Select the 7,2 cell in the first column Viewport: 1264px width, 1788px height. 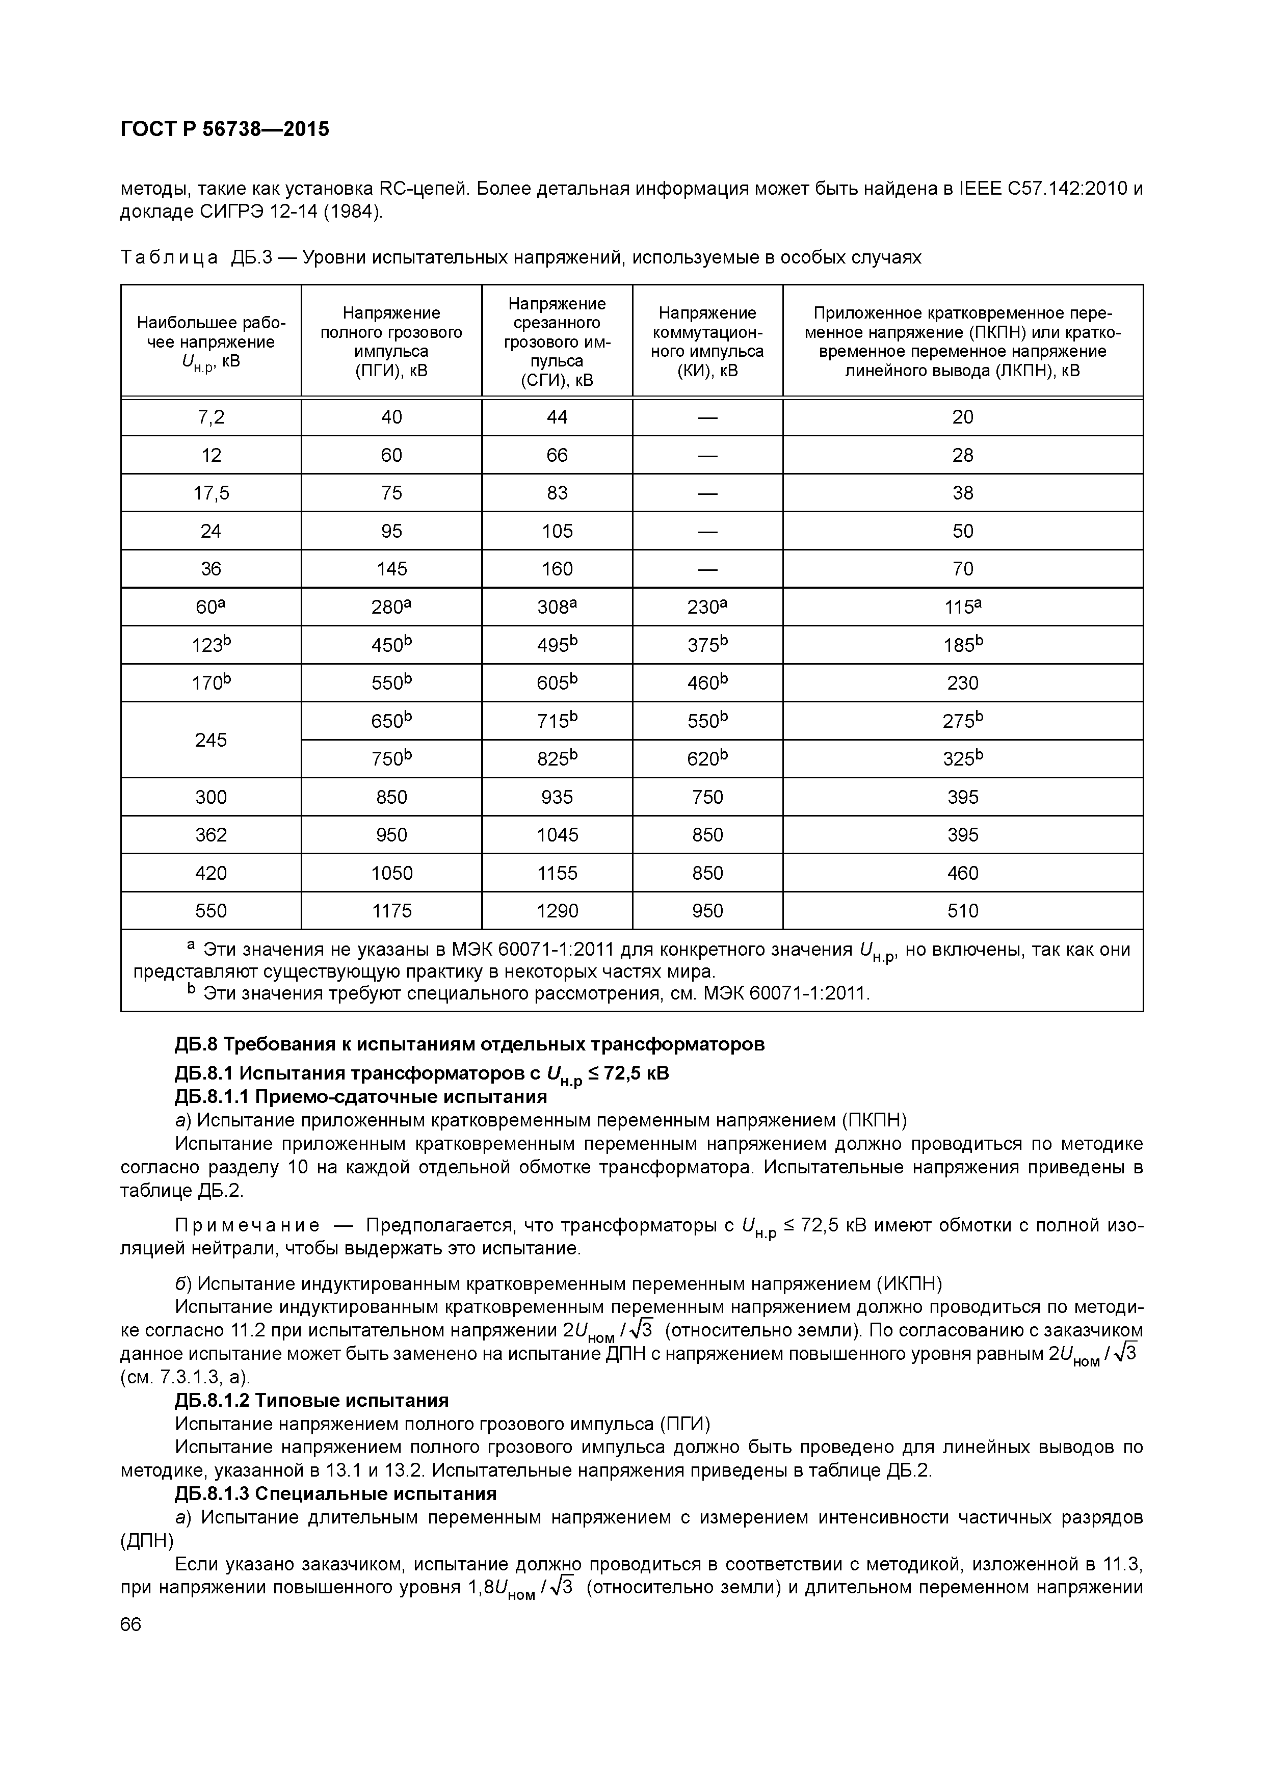pos(210,417)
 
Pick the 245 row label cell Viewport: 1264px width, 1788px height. pos(210,740)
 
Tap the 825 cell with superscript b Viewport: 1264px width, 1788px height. pos(557,758)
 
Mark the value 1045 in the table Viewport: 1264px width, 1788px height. pos(557,835)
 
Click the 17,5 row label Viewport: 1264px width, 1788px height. pos(210,493)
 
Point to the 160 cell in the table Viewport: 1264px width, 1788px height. pos(557,569)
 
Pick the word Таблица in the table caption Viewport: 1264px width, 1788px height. pos(169,258)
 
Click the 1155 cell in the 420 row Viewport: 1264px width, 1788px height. pos(557,873)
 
